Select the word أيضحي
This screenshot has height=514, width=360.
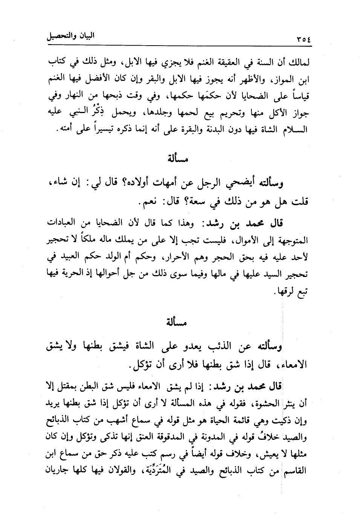pos(245,184)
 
